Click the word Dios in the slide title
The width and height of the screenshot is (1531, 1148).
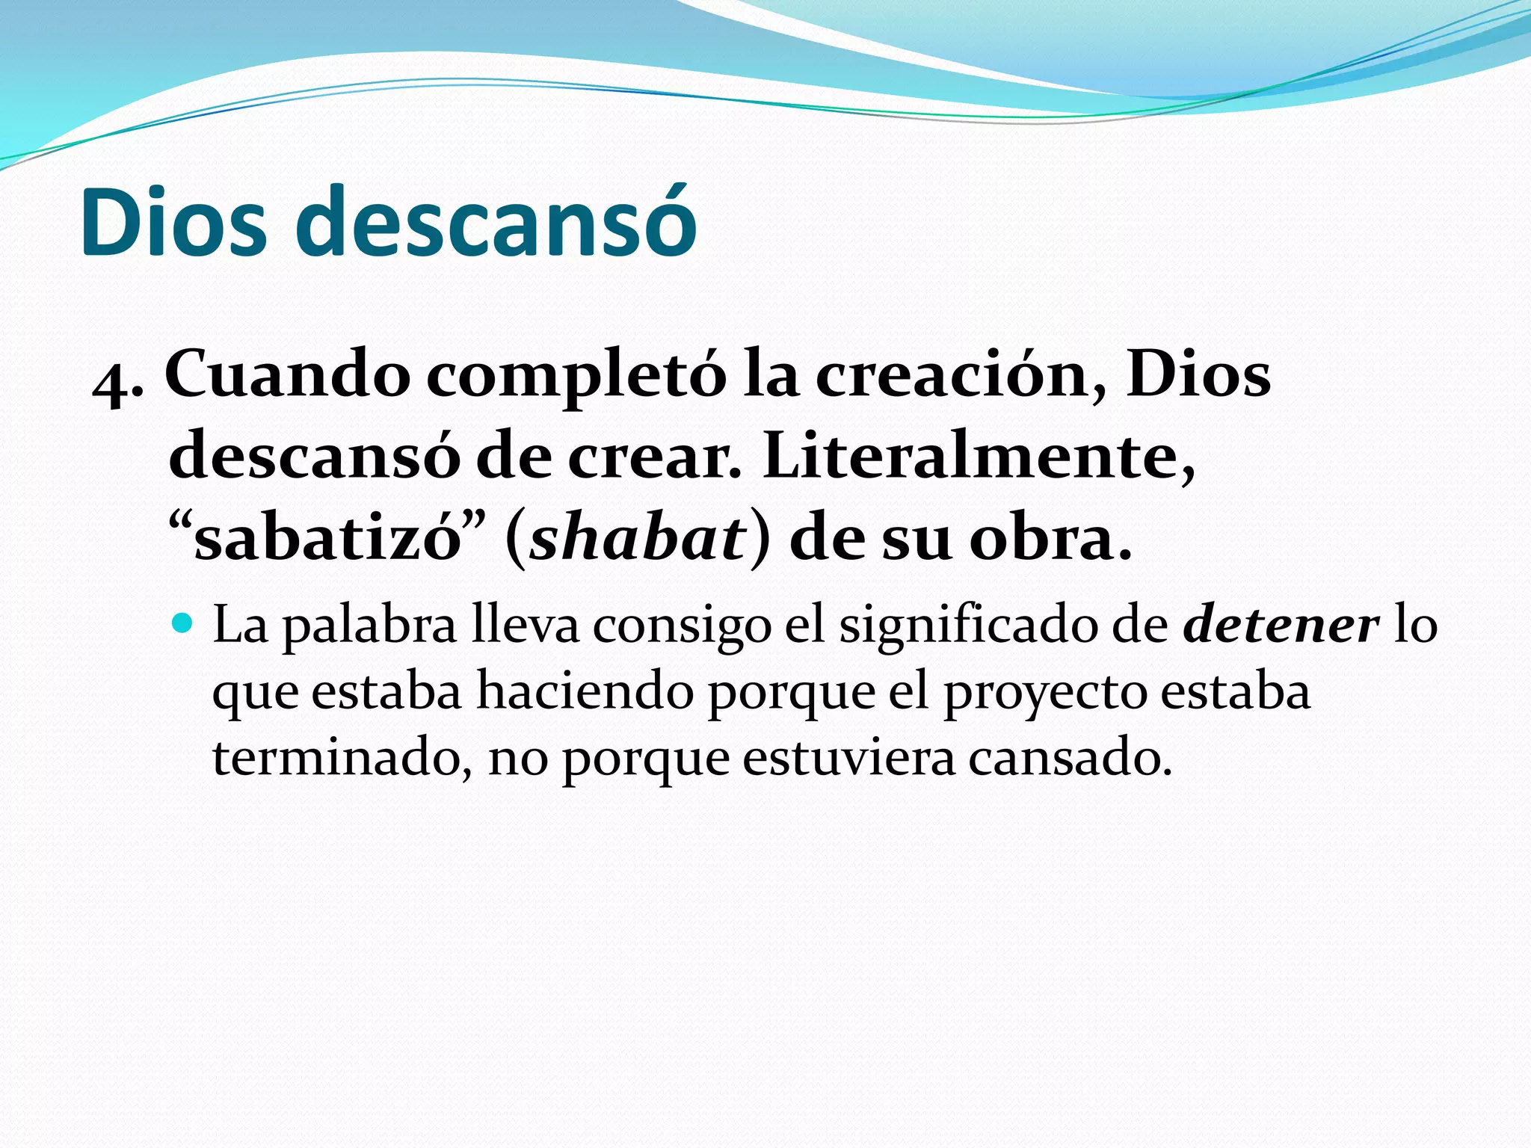(173, 223)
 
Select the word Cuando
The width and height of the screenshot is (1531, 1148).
(287, 374)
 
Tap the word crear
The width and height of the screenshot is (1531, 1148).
(654, 457)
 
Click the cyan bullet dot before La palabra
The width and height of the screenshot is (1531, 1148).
(182, 622)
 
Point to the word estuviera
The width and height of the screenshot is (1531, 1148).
(848, 758)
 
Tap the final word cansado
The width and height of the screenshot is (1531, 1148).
(1069, 758)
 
